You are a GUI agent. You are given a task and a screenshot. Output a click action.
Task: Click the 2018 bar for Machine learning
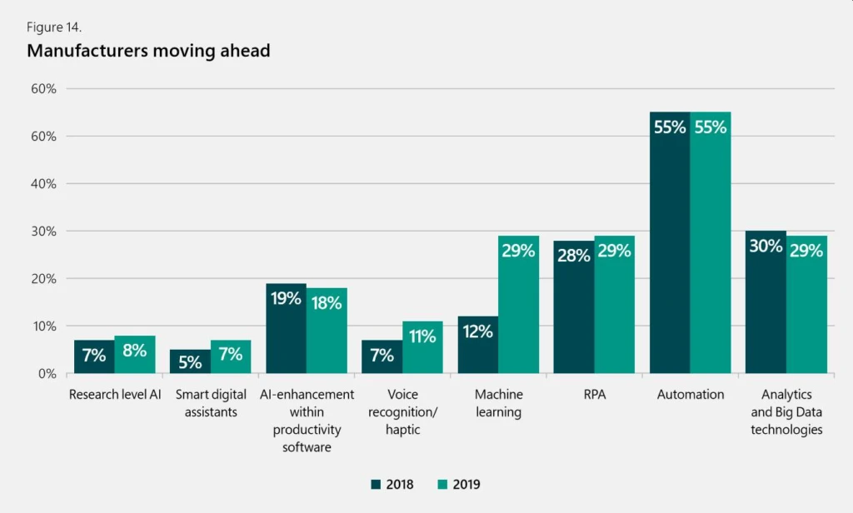(x=478, y=345)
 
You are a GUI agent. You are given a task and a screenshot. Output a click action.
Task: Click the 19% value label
(x=286, y=298)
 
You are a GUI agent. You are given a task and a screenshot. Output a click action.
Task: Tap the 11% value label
(x=422, y=336)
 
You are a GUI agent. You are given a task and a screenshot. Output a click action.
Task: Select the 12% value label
(x=478, y=331)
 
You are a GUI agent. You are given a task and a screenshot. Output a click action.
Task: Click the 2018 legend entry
(x=392, y=484)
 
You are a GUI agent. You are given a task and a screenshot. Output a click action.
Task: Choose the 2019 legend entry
(x=457, y=484)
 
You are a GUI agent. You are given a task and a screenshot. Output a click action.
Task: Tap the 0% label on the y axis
(x=46, y=373)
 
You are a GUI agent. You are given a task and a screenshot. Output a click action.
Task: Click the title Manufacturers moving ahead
(x=148, y=51)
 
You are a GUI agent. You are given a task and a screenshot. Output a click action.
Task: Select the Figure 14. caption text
(x=54, y=27)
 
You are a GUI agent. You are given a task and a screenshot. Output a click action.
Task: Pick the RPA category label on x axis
(x=595, y=395)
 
